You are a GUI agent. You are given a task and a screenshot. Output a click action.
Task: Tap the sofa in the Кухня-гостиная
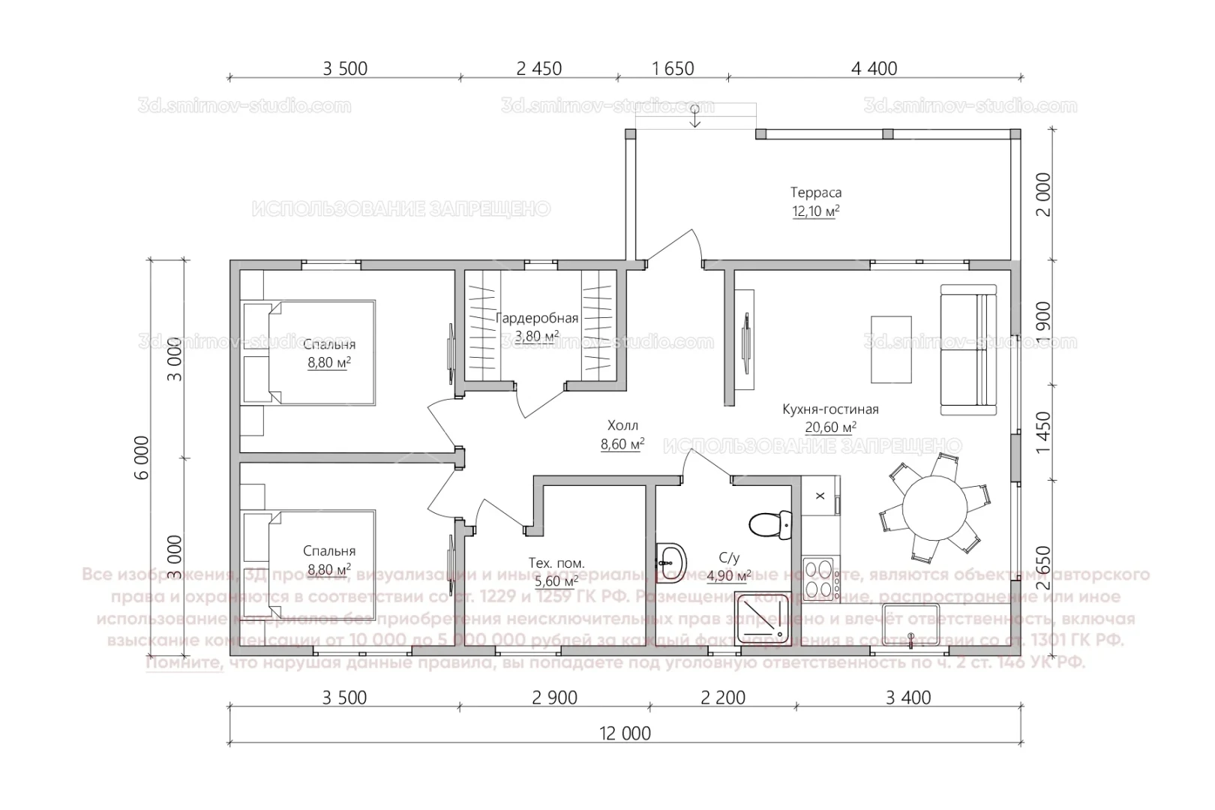(968, 350)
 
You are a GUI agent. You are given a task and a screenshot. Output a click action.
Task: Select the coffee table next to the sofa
(891, 348)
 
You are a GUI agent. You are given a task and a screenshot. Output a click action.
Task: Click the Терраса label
(816, 193)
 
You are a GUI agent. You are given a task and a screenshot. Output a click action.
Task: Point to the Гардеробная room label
(537, 318)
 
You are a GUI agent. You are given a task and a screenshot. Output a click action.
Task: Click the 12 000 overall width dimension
(625, 733)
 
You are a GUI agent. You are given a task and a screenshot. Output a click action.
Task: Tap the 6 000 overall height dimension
(144, 457)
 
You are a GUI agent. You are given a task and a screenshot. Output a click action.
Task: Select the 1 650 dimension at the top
(673, 68)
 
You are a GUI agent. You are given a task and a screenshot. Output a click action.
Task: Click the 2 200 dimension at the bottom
(723, 697)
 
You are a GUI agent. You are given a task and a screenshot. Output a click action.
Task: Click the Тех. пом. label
(556, 562)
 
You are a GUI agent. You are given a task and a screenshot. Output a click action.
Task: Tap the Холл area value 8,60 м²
(622, 445)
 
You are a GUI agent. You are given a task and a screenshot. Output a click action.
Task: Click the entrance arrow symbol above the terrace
(695, 116)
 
